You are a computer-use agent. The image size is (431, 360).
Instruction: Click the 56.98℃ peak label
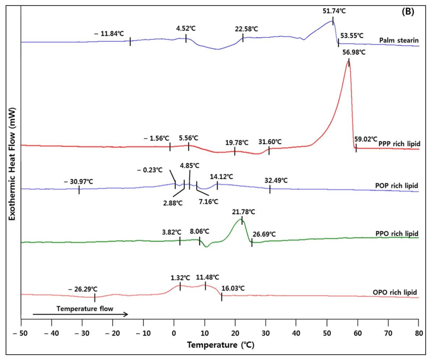tap(354, 52)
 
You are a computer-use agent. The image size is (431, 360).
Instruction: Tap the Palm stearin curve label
tap(399, 40)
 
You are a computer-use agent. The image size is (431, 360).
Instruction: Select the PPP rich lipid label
tap(399, 144)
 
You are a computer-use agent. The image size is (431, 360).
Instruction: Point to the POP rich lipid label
tap(397, 185)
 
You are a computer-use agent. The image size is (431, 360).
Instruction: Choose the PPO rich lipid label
tap(397, 234)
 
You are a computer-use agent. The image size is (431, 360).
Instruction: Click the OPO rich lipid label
tap(395, 292)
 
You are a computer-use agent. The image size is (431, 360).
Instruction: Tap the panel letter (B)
tap(408, 12)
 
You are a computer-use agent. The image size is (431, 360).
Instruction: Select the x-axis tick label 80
tap(419, 333)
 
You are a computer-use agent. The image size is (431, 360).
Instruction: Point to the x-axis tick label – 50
tap(21, 333)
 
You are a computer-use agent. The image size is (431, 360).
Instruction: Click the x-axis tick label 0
tap(174, 333)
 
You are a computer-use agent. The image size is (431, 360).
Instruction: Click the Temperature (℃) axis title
tap(220, 345)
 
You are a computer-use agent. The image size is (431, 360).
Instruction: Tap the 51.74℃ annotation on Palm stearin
tap(334, 11)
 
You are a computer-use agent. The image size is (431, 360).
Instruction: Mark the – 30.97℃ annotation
tap(79, 181)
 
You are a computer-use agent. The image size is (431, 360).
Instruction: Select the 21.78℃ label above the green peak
tap(243, 212)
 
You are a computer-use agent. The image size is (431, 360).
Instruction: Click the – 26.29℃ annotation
tap(83, 289)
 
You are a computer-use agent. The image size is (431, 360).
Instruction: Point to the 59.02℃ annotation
tap(366, 139)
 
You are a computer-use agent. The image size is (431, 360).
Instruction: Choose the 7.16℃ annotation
tap(208, 201)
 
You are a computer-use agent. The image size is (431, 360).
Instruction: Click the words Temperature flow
tap(85, 309)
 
